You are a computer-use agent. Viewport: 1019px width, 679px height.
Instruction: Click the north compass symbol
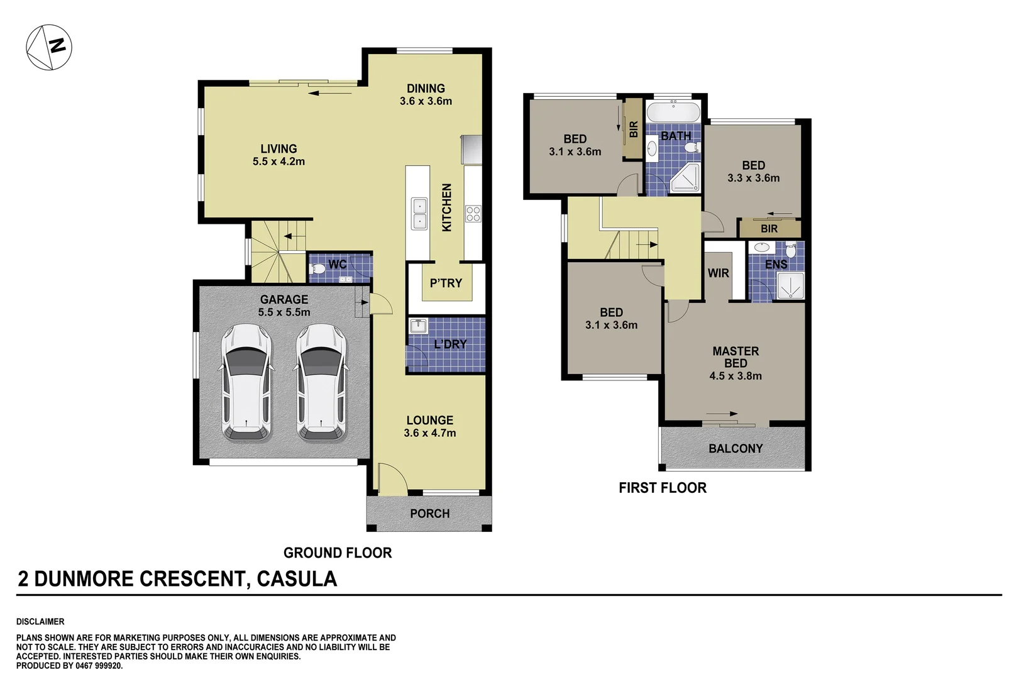click(x=49, y=47)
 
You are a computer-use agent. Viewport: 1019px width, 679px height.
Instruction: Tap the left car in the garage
click(x=247, y=382)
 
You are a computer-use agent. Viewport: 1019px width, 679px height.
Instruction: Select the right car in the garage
click(x=322, y=382)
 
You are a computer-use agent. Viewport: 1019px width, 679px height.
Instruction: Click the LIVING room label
click(x=278, y=149)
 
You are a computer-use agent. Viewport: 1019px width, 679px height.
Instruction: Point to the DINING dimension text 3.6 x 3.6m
click(x=426, y=101)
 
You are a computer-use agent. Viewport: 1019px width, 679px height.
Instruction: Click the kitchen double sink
click(x=419, y=213)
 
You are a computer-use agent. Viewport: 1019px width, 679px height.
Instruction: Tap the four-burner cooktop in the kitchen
click(x=473, y=214)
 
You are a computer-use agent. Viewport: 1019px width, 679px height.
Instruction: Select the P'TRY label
click(x=446, y=284)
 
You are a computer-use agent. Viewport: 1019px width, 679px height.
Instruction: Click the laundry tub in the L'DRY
click(x=418, y=326)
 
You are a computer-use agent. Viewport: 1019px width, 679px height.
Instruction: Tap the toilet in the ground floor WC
click(x=319, y=269)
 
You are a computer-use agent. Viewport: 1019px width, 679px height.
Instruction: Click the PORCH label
click(x=429, y=514)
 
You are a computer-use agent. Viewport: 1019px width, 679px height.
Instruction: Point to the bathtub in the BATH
click(x=673, y=113)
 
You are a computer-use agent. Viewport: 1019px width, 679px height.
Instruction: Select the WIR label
click(x=718, y=273)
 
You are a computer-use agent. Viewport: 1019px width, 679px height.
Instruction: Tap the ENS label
click(x=776, y=265)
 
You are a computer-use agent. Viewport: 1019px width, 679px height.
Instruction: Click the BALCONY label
click(x=735, y=449)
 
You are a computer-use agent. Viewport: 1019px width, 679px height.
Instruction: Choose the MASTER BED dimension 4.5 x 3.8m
click(x=735, y=376)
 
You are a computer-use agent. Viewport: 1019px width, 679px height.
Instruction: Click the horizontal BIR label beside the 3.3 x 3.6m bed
click(x=769, y=229)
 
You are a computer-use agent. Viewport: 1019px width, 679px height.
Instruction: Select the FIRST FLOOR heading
click(x=662, y=488)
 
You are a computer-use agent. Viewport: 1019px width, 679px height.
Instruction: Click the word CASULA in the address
click(x=297, y=579)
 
